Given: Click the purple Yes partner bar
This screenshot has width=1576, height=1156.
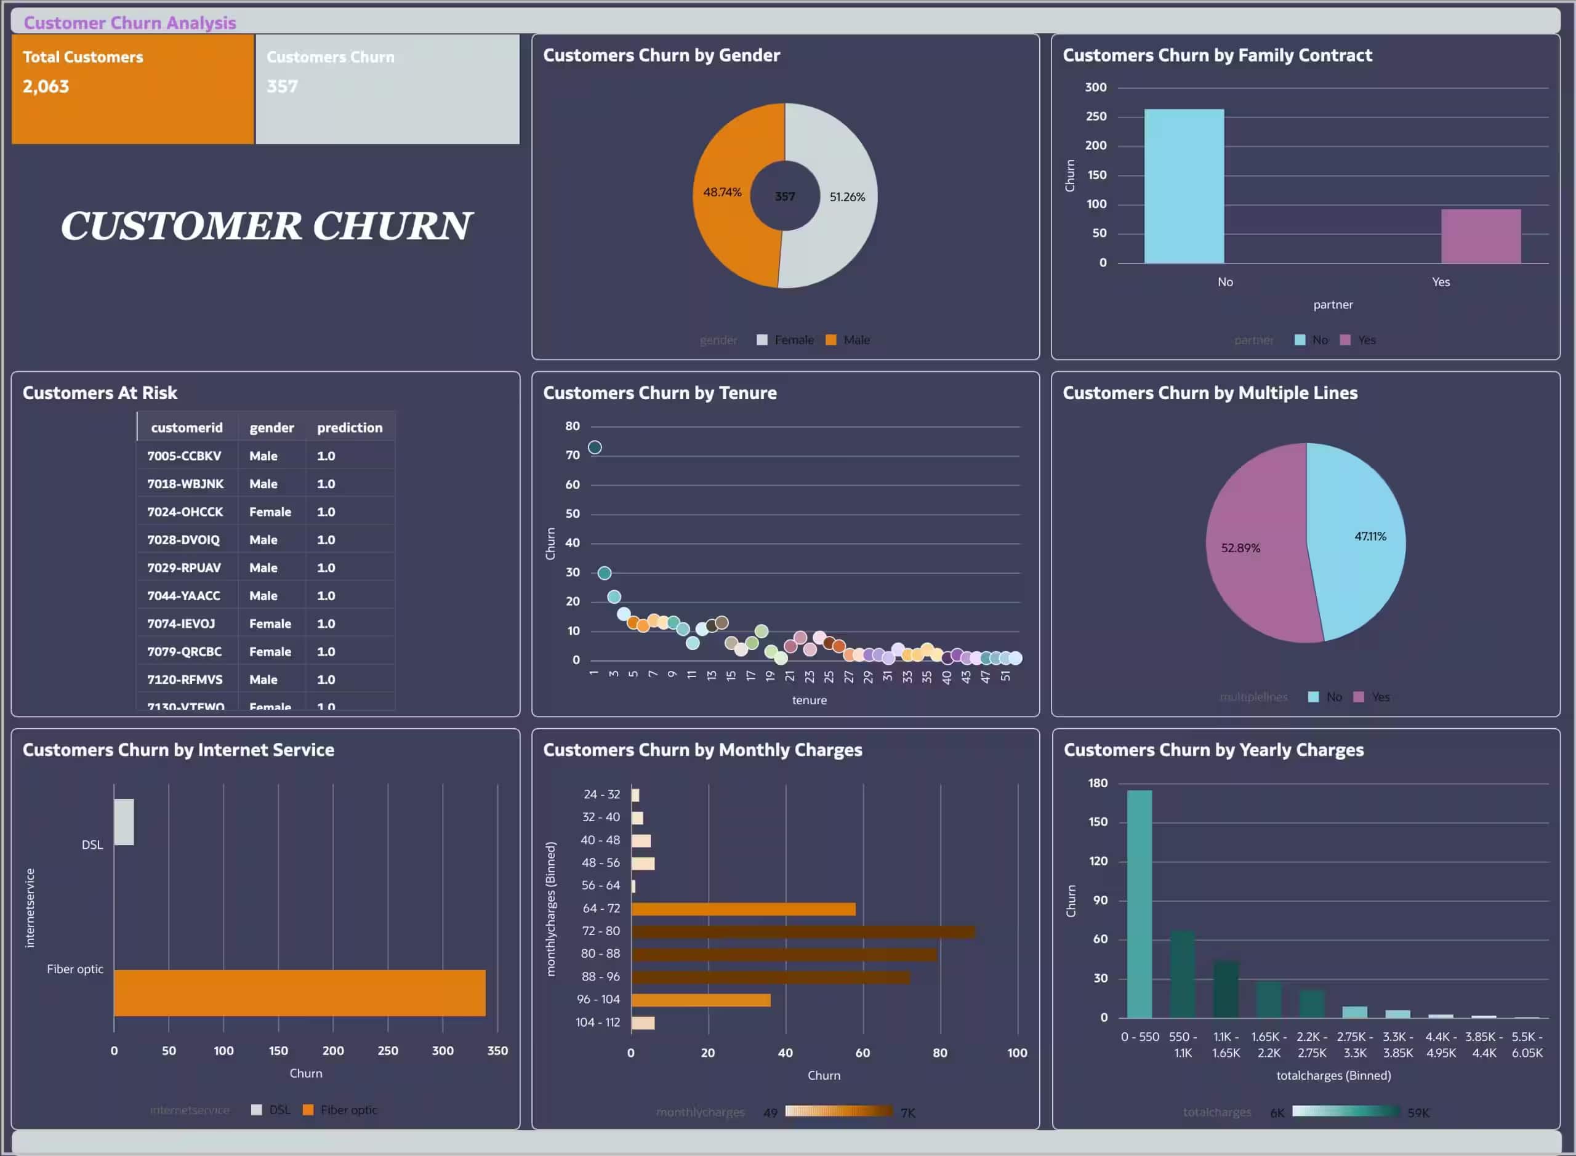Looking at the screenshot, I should coord(1480,236).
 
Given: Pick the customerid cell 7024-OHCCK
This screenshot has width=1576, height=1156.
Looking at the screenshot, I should coord(185,512).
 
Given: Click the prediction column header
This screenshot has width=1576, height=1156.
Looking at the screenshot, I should coord(349,428).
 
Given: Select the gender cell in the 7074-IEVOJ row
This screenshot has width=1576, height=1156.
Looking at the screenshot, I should coord(270,624).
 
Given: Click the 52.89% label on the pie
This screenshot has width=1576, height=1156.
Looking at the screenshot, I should coord(1240,548).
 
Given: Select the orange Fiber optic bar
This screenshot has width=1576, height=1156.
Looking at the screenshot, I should coord(300,992).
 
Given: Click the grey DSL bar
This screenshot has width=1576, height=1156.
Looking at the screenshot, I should coord(124,822).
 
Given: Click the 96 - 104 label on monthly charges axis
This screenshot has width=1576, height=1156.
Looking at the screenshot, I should coord(598,999).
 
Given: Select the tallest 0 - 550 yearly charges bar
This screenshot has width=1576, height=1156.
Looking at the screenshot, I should coord(1139,904).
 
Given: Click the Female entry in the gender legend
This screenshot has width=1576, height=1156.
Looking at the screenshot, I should coord(794,340).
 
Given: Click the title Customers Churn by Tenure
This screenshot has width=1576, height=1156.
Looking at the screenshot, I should coord(659,393).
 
